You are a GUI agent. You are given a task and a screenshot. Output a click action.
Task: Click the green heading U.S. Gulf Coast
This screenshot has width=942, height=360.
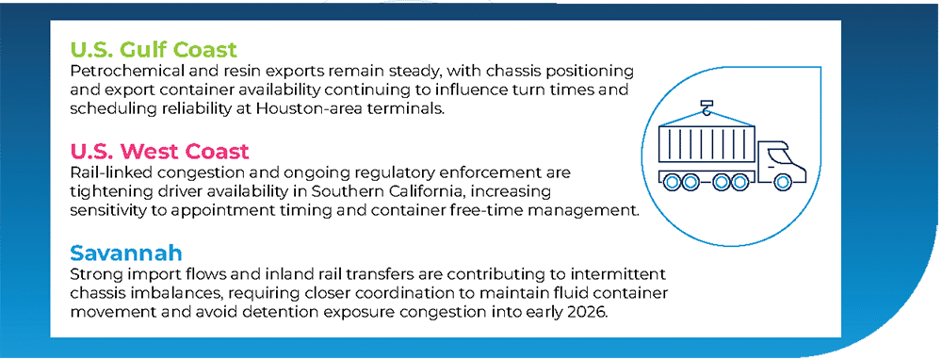coord(154,49)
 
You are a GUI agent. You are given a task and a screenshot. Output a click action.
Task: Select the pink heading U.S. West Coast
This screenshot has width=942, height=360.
coord(159,151)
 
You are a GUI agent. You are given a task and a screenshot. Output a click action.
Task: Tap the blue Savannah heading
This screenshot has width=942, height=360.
coord(126,253)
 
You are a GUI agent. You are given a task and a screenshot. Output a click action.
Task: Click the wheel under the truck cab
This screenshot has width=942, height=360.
coord(782,180)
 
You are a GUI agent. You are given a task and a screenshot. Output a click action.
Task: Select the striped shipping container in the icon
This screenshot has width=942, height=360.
coord(706,144)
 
